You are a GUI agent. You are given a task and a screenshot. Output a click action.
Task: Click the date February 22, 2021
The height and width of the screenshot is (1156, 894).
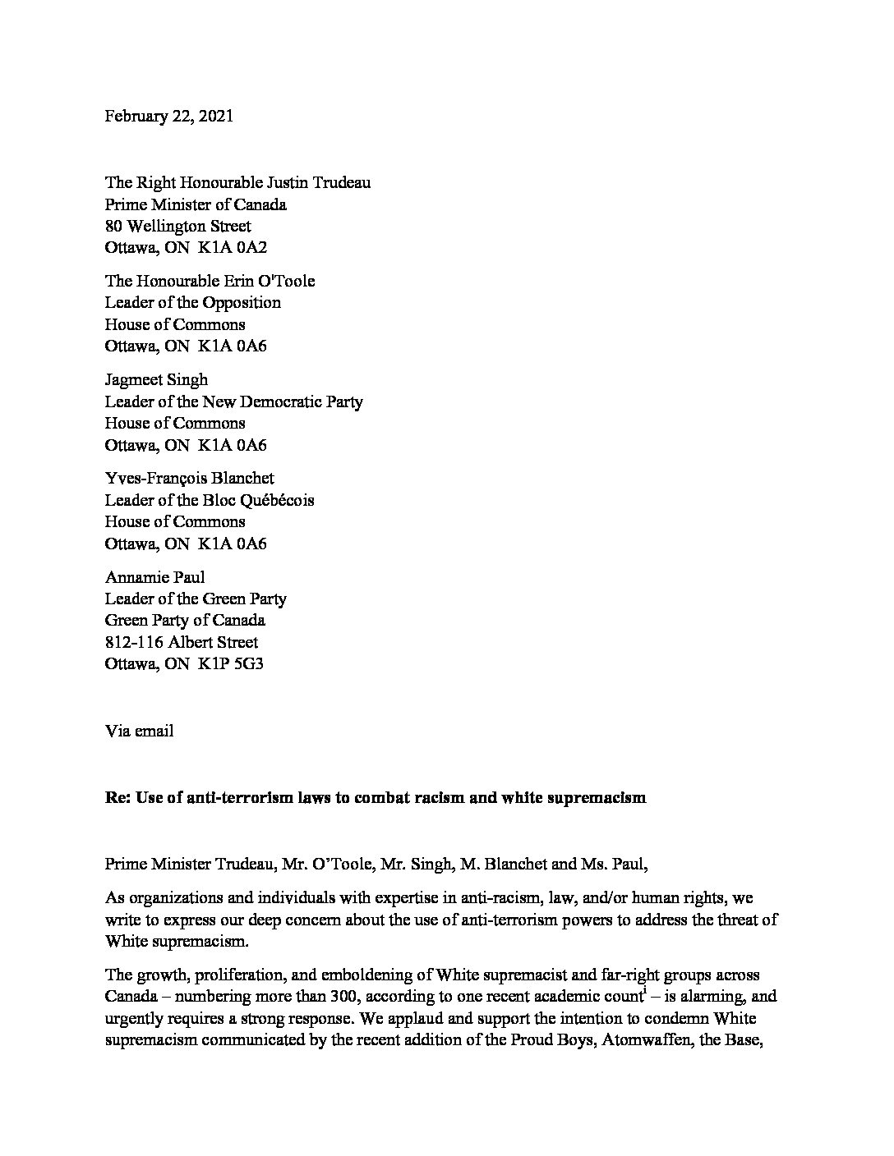pos(168,116)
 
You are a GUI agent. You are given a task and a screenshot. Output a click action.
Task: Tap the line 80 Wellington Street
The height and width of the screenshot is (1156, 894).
pos(177,226)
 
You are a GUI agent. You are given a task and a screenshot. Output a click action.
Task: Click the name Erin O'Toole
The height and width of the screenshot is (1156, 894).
pos(268,281)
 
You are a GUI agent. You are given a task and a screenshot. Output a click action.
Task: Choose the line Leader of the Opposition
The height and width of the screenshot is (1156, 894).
pos(192,302)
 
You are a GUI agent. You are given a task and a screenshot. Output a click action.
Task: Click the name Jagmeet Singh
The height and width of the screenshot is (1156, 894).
pos(156,379)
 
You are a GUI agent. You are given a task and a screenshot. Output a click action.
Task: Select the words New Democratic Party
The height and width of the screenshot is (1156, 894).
pos(293,401)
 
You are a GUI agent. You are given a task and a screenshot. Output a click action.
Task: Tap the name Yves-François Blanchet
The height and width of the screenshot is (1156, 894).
pos(189,478)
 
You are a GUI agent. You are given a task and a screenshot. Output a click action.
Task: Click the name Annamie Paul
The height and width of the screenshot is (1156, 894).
pos(154,577)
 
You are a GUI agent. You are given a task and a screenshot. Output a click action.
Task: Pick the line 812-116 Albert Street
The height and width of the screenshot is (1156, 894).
pos(181,642)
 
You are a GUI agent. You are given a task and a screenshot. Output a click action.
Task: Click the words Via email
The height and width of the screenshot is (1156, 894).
pos(139,731)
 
